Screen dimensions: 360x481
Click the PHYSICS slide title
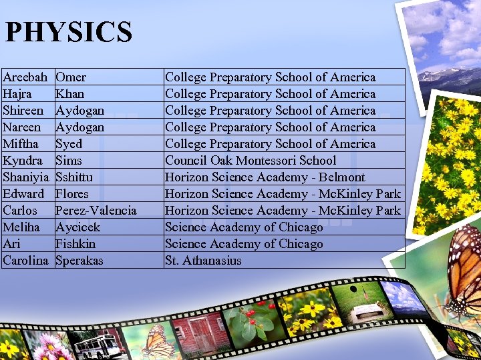coord(68,32)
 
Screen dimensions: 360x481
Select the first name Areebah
coord(25,77)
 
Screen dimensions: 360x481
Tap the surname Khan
coord(69,94)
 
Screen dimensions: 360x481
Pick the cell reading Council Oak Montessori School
coord(250,161)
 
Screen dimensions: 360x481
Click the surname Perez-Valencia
coord(96,211)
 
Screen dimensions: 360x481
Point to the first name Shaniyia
coord(26,177)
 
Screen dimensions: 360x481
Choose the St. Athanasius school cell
coord(203,261)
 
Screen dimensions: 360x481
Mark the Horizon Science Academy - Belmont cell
coord(265,177)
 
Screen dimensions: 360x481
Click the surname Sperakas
coord(79,261)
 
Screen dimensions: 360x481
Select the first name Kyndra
coord(23,161)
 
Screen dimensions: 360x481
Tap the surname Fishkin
coord(75,244)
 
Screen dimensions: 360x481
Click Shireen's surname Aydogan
coord(79,111)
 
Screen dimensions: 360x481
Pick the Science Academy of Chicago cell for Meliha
coord(243,227)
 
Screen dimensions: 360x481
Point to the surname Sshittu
coord(74,177)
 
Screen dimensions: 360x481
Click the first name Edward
coord(24,194)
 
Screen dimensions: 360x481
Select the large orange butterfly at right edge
coord(464,273)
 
